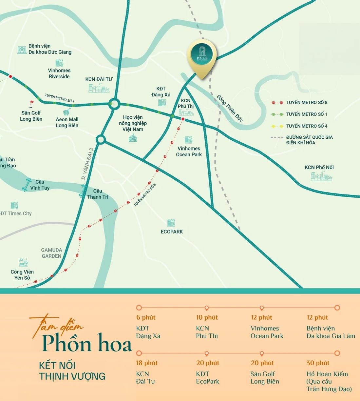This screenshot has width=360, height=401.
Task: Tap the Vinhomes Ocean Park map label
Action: [x=189, y=151]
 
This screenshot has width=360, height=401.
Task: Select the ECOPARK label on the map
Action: [x=172, y=231]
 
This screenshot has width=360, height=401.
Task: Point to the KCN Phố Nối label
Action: [x=319, y=167]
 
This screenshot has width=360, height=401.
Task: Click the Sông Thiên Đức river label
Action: [x=230, y=108]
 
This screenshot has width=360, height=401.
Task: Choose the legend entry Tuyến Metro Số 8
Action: [x=307, y=103]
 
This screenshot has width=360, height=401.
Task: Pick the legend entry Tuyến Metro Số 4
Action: [x=307, y=126]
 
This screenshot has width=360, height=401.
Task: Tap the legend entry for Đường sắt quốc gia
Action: [x=309, y=140]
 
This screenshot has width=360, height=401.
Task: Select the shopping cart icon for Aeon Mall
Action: [x=67, y=112]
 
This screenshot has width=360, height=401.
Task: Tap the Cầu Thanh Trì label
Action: [x=98, y=194]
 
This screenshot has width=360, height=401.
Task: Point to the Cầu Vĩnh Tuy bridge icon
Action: [x=26, y=185]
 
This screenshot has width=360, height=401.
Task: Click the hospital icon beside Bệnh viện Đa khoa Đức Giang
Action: [x=22, y=50]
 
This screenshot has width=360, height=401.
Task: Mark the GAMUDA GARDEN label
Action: [x=51, y=253]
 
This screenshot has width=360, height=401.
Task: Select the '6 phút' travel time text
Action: [x=146, y=317]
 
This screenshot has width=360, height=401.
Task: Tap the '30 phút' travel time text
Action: [x=318, y=363]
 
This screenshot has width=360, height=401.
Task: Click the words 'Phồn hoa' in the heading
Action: [x=86, y=343]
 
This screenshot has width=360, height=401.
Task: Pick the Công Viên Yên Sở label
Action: [x=22, y=275]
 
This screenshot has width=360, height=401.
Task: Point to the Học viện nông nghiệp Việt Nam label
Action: [x=133, y=123]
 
